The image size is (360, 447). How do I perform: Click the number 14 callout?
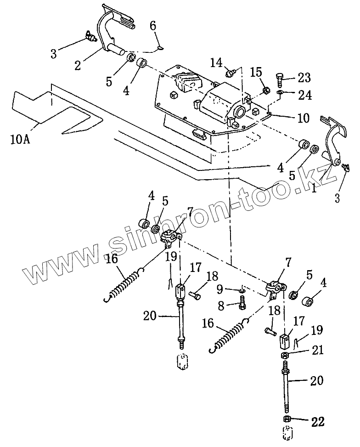217,62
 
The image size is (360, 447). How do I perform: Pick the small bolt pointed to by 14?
231,72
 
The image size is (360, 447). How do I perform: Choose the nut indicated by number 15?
265,91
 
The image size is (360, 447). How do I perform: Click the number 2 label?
78,65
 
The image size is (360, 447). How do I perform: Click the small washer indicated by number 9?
242,290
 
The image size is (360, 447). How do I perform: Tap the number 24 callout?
305,95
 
